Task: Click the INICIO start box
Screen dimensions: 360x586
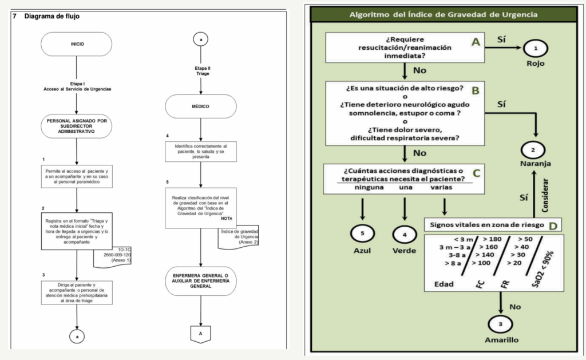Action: [x=77, y=43]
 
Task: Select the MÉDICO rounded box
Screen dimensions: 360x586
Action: [x=200, y=106]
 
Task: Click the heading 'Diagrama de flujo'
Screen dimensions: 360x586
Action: [x=52, y=17]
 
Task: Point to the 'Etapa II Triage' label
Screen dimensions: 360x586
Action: [x=200, y=71]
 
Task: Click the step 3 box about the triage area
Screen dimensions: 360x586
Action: [x=77, y=292]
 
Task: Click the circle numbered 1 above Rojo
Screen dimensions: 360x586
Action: [x=536, y=48]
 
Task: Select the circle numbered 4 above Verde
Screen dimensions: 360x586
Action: [x=404, y=234]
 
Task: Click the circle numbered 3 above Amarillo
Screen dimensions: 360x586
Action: [x=501, y=324]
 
